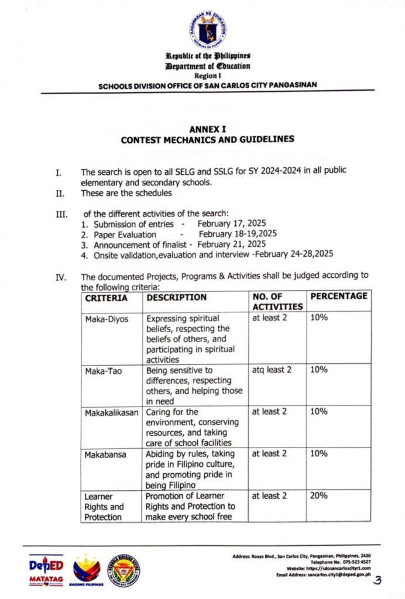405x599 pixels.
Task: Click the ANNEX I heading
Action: click(208, 130)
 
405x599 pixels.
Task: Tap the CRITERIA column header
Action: click(107, 297)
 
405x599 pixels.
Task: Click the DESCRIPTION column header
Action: click(176, 297)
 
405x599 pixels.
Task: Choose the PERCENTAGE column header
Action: click(339, 296)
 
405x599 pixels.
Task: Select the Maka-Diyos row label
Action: click(105, 319)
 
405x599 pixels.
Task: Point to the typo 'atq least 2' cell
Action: click(272, 370)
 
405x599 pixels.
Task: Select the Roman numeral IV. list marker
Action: click(60, 278)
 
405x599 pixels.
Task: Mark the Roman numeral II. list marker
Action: click(59, 192)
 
